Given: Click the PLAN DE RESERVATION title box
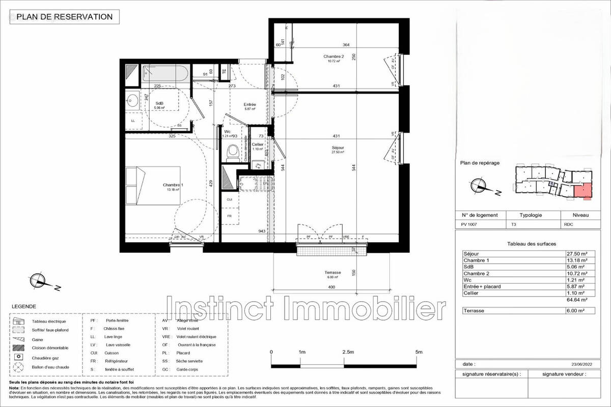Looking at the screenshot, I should coord(65,17).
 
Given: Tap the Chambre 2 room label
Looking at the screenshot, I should coord(333,58).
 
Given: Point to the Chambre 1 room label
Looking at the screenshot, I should coord(173,187).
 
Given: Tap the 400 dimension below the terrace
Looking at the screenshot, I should coord(332,288).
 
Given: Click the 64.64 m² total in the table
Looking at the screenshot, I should coord(580,300).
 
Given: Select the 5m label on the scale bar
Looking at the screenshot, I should coord(419,352).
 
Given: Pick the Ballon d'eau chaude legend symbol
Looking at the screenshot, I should coord(19,367).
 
